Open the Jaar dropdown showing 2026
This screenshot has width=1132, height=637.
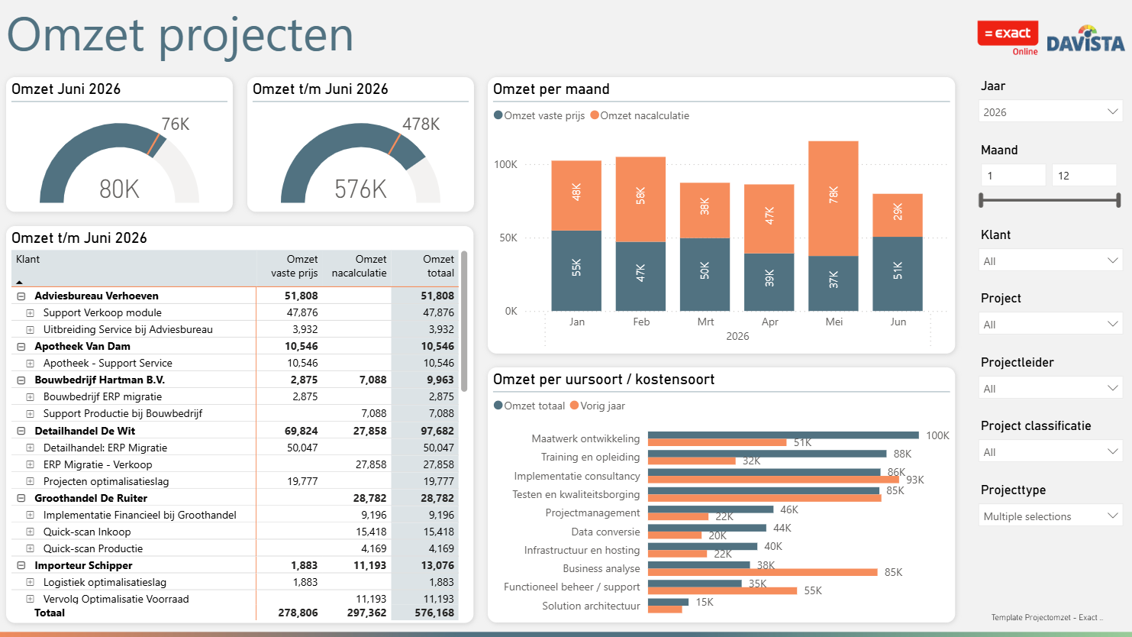point(1050,112)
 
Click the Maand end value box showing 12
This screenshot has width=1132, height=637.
point(1083,176)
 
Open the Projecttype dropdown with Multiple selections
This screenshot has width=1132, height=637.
point(1050,516)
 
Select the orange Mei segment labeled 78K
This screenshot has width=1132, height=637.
point(834,198)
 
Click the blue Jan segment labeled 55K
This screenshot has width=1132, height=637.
point(576,270)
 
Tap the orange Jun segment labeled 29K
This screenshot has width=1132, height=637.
point(898,215)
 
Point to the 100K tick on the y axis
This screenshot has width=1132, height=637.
point(505,164)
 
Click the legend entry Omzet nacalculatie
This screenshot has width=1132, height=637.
point(640,115)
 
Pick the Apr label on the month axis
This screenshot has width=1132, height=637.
point(769,322)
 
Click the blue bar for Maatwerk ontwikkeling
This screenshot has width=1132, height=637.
point(783,435)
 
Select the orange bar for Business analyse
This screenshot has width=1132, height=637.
point(763,572)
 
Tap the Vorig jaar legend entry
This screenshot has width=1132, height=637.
point(598,406)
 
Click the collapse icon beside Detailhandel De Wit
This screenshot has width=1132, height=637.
point(21,431)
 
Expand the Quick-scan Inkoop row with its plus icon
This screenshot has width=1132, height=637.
point(31,532)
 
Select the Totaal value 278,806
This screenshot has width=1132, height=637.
point(298,613)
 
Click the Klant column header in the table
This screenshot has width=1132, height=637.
point(27,259)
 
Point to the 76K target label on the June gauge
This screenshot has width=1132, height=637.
point(176,124)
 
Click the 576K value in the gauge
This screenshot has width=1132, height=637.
point(360,189)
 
